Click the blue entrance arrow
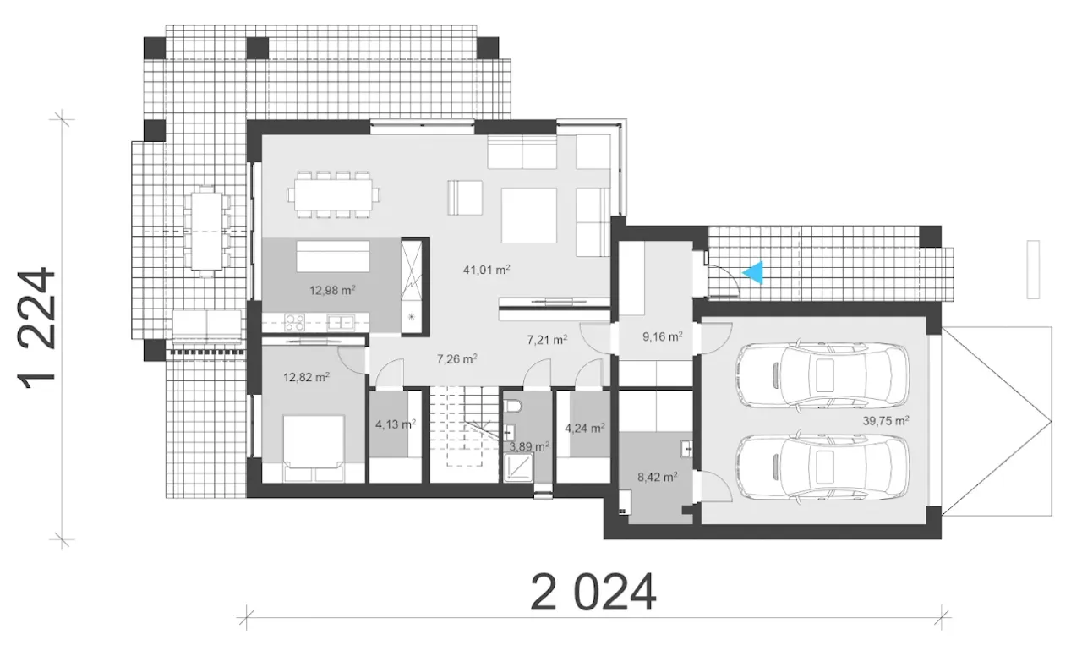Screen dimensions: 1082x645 (x=753, y=273)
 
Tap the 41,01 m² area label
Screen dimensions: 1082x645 (x=486, y=270)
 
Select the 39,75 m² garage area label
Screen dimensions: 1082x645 (x=886, y=420)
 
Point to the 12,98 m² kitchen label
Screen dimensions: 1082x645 (x=332, y=290)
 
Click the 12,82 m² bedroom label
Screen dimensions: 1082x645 (x=306, y=377)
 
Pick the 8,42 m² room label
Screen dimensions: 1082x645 (x=658, y=478)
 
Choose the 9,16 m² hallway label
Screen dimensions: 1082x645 (x=662, y=336)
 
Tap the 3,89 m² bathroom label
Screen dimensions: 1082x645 (x=529, y=446)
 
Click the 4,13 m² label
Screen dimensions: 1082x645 (x=396, y=424)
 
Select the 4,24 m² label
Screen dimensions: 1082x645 (x=585, y=428)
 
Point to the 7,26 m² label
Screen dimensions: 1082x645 (x=457, y=358)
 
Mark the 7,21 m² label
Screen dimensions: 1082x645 (x=547, y=340)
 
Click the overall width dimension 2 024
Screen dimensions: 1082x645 (x=593, y=593)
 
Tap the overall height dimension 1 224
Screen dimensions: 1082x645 (x=36, y=329)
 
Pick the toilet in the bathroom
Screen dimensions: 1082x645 (x=512, y=406)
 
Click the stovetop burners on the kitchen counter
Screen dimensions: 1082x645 (x=294, y=322)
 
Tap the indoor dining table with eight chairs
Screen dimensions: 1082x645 (x=333, y=194)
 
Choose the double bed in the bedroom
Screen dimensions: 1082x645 (x=314, y=448)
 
